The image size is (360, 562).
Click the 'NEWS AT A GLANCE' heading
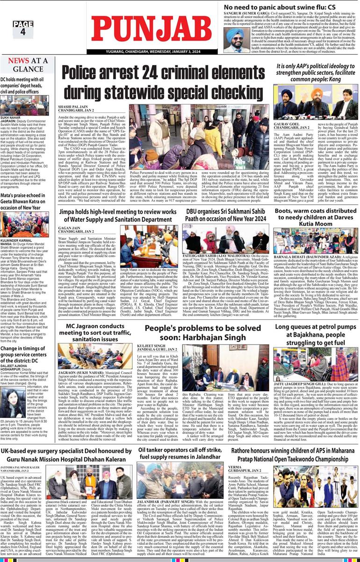point(28,65)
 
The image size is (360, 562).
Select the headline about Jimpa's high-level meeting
point(117,216)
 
